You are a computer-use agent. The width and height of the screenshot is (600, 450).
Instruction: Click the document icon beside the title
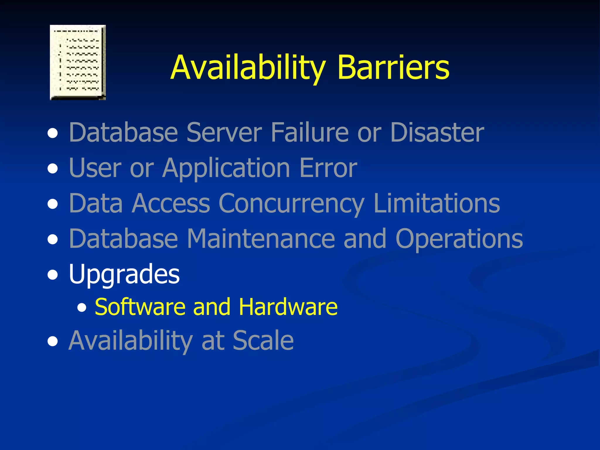[78, 62]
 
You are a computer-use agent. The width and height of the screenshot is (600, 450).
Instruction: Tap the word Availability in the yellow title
[248, 68]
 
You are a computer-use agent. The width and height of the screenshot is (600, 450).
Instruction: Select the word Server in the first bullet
[224, 132]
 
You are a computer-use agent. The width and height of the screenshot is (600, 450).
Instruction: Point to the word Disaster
[437, 132]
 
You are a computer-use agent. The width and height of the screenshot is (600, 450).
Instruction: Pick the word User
[95, 168]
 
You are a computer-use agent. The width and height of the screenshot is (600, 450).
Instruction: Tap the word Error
[328, 168]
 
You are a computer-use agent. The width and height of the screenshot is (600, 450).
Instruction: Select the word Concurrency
[292, 204]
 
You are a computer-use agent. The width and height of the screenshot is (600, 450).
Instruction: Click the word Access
[171, 203]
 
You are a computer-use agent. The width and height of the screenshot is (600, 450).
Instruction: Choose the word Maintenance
[260, 239]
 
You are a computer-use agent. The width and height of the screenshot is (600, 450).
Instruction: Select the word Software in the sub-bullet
[140, 307]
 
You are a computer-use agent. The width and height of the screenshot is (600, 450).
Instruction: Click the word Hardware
[288, 307]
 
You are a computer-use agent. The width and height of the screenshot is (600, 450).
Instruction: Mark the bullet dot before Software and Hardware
[82, 308]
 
